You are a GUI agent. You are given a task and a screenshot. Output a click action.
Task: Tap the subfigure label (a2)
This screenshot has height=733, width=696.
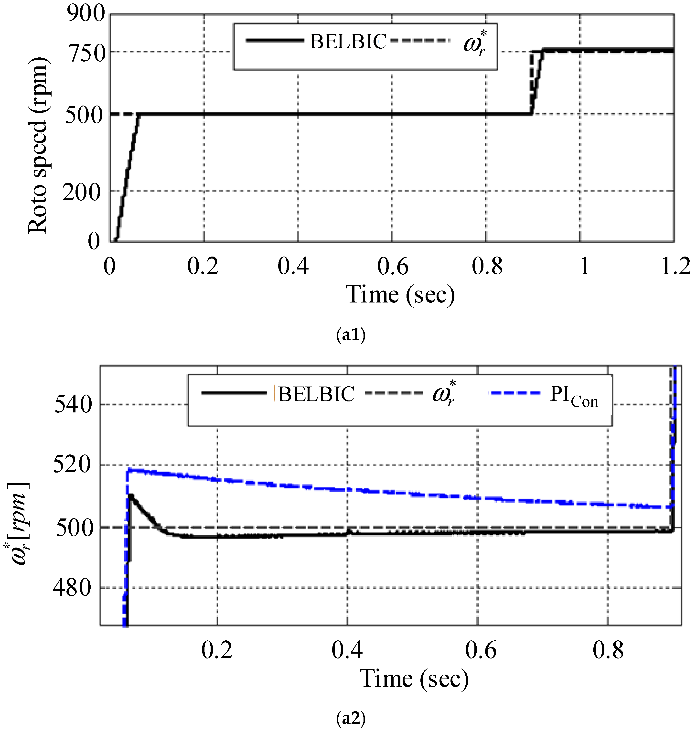click(x=351, y=718)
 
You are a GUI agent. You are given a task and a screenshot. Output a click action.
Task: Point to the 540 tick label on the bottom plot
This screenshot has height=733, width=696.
click(x=73, y=405)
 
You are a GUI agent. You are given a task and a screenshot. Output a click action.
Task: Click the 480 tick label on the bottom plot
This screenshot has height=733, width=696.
click(x=72, y=588)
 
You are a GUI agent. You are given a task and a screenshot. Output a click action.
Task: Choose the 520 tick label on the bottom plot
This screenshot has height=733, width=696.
click(x=72, y=465)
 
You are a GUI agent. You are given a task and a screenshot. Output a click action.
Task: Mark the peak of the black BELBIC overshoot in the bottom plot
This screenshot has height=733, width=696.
click(x=131, y=496)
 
